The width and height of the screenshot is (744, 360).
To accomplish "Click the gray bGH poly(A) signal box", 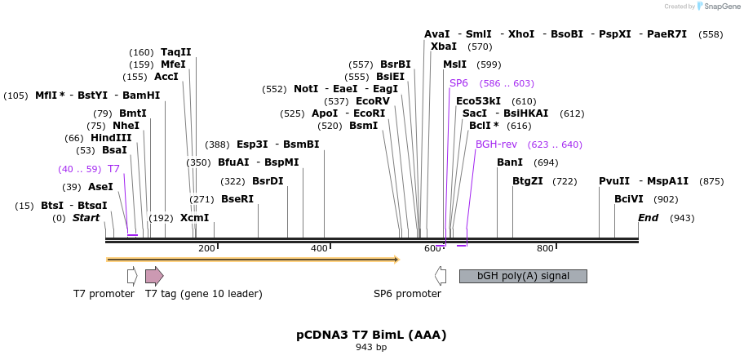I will pos(523,276).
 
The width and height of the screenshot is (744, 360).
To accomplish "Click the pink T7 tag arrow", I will pos(153,276).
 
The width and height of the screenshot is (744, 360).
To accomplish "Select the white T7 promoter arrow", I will pos(132,276).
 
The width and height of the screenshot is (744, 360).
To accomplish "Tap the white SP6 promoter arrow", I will pos(441,276).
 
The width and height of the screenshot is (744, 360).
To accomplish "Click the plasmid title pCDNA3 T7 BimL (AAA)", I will pos(371,335).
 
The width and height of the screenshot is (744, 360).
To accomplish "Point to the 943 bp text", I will pos(371,348).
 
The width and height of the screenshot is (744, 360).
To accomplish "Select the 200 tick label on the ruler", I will pos(206,248).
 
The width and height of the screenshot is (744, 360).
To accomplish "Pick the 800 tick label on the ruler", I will pos(545,248).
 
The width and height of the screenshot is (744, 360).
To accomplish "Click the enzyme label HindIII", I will pos(111,138).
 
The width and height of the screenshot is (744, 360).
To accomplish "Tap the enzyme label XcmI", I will pos(195,218).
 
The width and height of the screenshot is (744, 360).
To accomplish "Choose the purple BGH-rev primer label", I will pos(496,144).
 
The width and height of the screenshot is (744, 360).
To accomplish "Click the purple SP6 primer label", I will pos(458,83).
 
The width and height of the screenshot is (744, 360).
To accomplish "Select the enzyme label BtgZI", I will pos(527,181).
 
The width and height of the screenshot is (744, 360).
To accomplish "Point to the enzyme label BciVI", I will pos(629,199).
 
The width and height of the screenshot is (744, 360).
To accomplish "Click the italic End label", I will pos(649,218).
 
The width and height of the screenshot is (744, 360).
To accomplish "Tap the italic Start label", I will pos(86,218).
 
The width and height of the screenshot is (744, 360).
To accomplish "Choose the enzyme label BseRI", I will pos(237,199).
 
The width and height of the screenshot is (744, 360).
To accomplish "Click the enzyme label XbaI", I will pos(444,47).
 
